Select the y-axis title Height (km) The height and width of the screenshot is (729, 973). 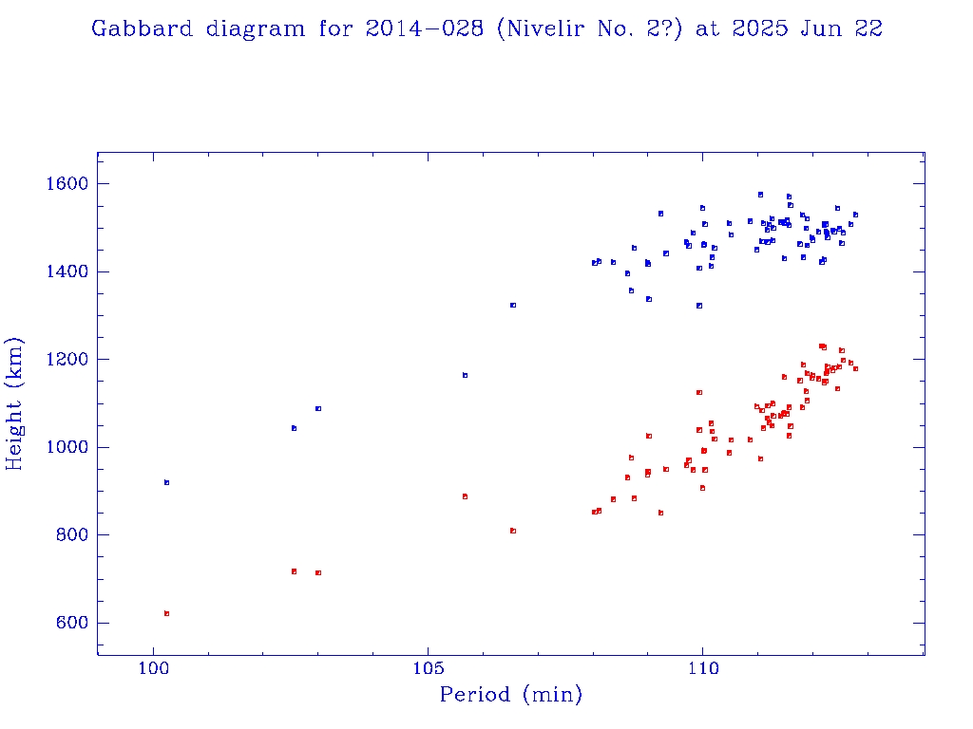[x=15, y=403]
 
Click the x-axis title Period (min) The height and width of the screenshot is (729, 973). [x=510, y=695]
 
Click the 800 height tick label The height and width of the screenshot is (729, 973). [x=70, y=535]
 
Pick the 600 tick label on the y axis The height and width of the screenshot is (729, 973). [x=70, y=624]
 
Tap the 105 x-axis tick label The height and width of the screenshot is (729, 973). [x=428, y=669]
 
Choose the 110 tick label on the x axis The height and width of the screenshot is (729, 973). [x=702, y=669]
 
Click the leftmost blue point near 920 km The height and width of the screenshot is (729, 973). [x=166, y=482]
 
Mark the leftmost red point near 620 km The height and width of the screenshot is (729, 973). [x=166, y=613]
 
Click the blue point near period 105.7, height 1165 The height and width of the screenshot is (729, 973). [x=465, y=375]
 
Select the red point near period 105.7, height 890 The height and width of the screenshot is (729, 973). [x=465, y=496]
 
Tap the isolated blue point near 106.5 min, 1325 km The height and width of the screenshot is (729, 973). [x=513, y=305]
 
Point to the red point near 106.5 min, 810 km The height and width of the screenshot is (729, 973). [x=513, y=531]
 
